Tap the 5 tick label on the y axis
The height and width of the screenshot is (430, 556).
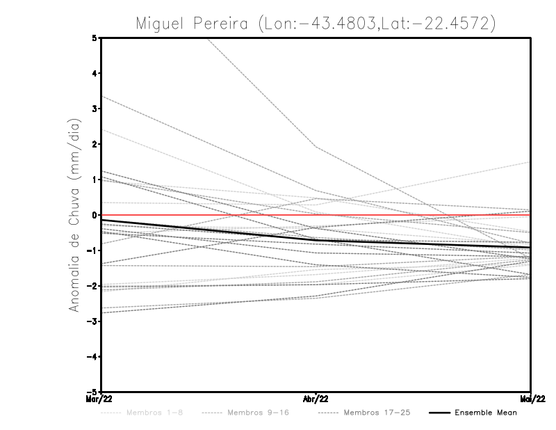[x=95, y=38]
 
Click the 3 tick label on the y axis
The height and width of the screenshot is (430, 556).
[x=95, y=109]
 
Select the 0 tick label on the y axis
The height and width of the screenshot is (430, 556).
[x=95, y=215]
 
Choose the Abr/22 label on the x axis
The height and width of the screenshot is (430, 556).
[x=316, y=399]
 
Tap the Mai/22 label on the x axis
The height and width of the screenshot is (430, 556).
[x=531, y=399]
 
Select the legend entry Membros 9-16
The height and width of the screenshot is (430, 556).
[x=258, y=413]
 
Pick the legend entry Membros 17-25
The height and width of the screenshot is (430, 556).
[x=376, y=413]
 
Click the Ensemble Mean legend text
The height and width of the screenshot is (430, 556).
[x=486, y=413]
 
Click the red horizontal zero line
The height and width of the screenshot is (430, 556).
[x=208, y=215]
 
